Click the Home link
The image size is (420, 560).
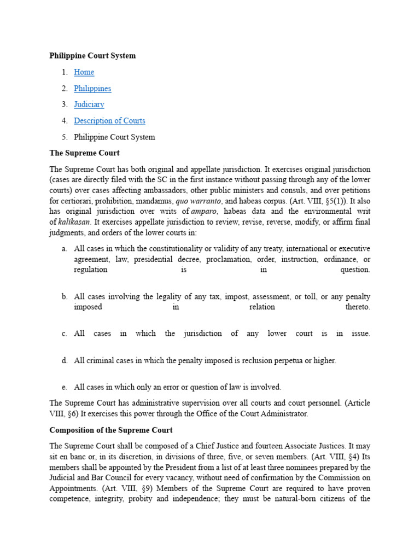(84, 72)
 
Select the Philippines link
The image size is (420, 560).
(92, 88)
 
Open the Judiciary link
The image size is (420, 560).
(89, 104)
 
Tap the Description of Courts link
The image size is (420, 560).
(109, 121)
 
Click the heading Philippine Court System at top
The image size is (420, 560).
(92, 56)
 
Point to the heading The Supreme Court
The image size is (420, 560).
(84, 153)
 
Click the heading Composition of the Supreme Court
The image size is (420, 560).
(111, 430)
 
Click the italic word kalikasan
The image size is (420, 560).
(73, 222)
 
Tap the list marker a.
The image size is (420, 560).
(65, 249)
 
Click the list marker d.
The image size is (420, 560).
(65, 360)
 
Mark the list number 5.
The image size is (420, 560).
(65, 137)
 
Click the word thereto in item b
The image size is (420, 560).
(358, 307)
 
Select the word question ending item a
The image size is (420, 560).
(355, 270)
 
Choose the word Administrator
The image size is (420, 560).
(285, 414)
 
